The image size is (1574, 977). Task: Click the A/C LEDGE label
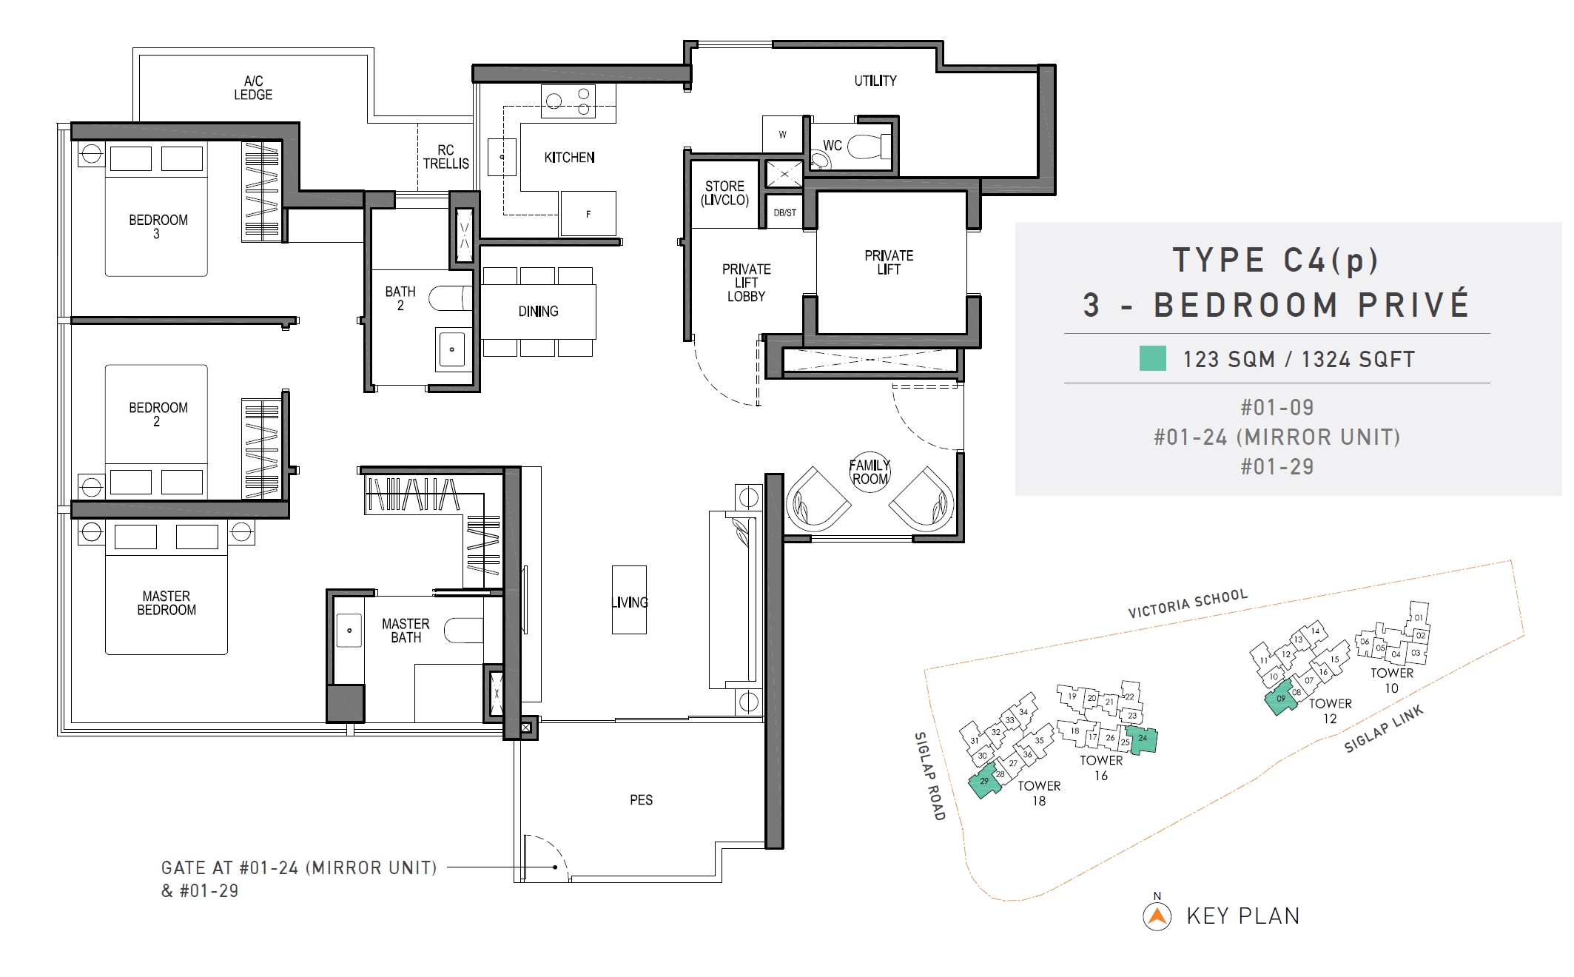click(253, 87)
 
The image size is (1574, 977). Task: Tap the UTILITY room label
click(875, 81)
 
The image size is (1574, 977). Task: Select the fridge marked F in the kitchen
click(588, 213)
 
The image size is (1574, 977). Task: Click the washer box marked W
click(783, 135)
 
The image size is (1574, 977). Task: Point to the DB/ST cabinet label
click(784, 212)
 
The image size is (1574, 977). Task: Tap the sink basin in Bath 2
click(451, 348)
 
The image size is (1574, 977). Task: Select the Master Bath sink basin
click(349, 631)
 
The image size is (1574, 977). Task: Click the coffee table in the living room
click(629, 600)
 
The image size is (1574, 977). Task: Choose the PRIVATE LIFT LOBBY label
click(746, 283)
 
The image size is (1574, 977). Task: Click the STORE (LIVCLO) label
click(725, 193)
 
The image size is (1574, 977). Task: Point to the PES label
click(641, 800)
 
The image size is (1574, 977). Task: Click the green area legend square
click(1152, 358)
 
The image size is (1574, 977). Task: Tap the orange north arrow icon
click(1157, 916)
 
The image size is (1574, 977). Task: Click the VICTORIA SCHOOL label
click(1188, 603)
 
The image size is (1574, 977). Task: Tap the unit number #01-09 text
click(1277, 408)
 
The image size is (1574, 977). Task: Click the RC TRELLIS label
click(445, 157)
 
